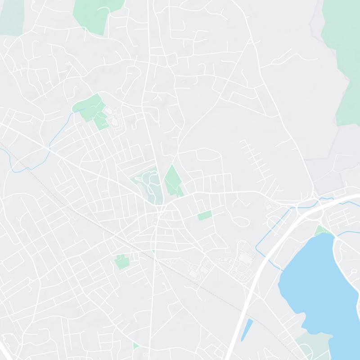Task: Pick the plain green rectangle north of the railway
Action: click(x=205, y=215)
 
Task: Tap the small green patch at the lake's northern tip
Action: click(x=322, y=230)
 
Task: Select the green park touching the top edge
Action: click(x=92, y=13)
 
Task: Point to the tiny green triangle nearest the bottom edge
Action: click(x=135, y=346)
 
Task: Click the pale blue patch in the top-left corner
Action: click(x=11, y=16)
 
